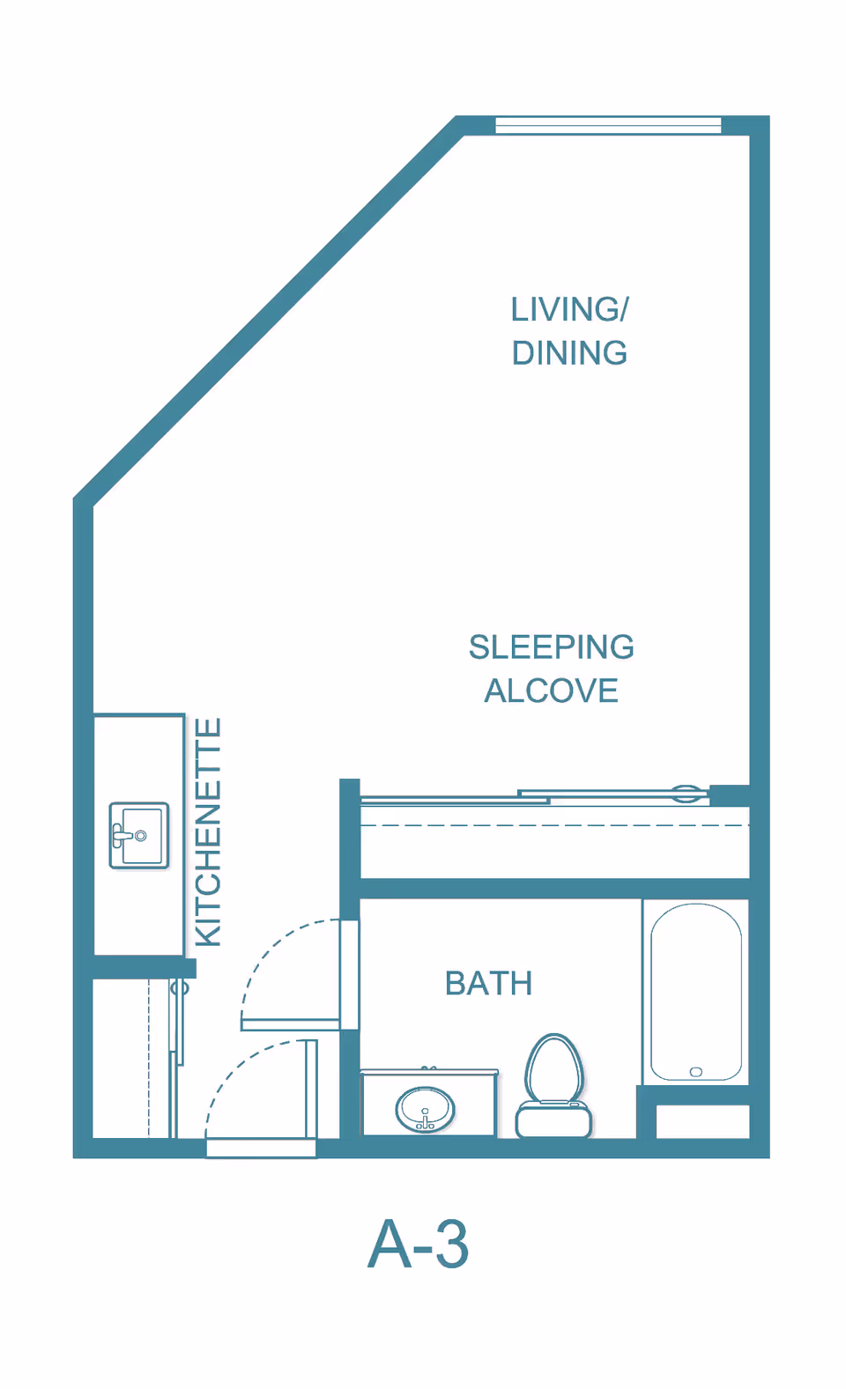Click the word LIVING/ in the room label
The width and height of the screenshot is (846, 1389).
569,310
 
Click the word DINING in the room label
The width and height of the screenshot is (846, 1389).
569,353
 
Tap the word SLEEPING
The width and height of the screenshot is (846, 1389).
551,647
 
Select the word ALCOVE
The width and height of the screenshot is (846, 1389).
551,691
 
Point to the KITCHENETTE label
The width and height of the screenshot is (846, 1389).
208,832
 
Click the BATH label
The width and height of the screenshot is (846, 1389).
488,984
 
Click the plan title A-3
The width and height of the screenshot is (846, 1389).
418,1245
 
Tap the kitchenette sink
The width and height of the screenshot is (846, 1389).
138,836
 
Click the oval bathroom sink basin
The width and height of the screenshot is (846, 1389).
426,1109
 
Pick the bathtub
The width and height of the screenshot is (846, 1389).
695,991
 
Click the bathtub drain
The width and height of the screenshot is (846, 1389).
696,1072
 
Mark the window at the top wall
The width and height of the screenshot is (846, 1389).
608,125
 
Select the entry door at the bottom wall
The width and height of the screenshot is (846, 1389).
261,1148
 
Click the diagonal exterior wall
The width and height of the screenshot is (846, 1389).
264,308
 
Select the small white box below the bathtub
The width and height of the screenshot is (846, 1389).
702,1121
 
